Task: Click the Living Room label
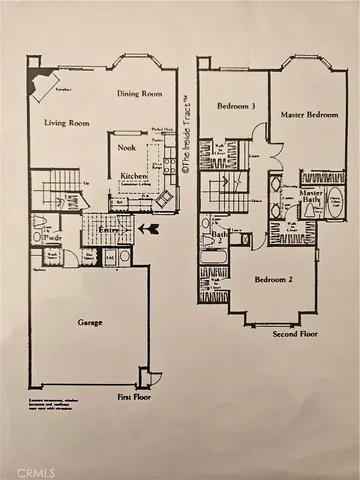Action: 66,123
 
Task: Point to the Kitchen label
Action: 134,176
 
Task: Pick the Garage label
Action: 91,324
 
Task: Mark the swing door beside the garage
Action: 149,378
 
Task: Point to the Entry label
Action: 107,229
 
